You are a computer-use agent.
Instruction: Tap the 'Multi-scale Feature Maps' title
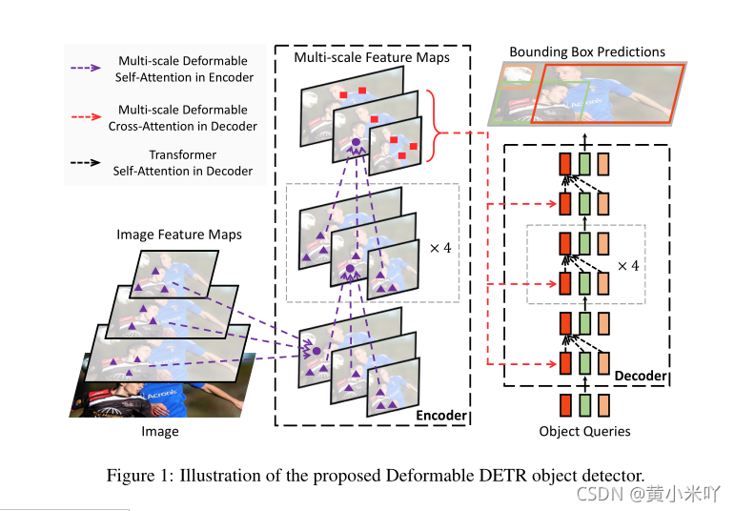pos(372,58)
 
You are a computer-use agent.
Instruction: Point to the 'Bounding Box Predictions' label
pos(587,51)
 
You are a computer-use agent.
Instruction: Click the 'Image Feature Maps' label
pos(179,234)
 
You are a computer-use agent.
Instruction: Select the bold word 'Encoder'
pos(441,415)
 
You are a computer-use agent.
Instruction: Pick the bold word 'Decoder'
pos(641,376)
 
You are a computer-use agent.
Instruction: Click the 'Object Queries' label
pos(585,431)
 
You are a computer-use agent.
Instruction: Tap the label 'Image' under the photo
pos(160,431)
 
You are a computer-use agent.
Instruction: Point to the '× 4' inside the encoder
pos(440,248)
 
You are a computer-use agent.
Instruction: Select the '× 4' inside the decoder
pos(626,264)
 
